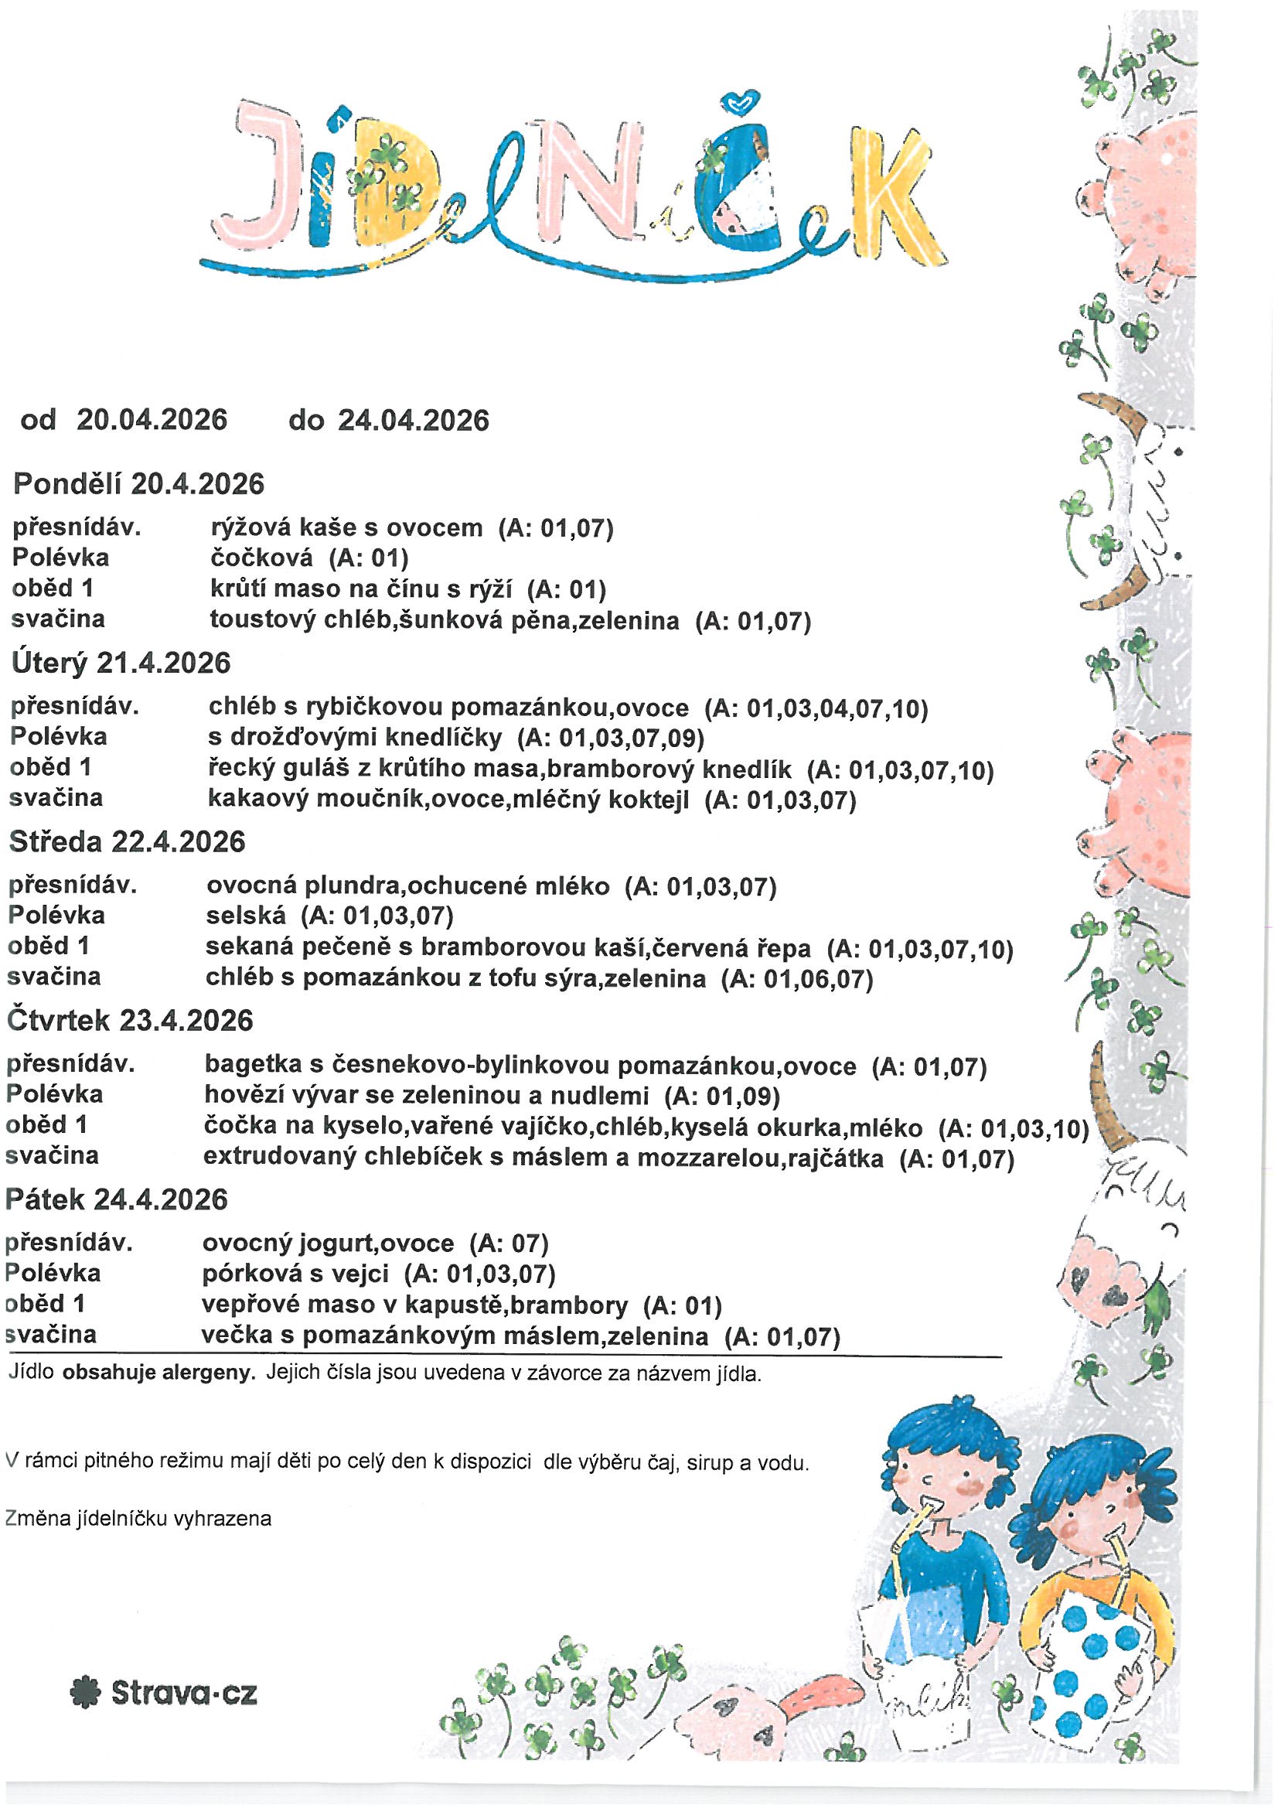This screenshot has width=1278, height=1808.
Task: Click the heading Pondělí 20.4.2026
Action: tap(138, 483)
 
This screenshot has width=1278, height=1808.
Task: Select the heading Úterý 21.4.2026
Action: tap(121, 663)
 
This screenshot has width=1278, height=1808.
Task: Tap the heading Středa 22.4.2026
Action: tap(127, 842)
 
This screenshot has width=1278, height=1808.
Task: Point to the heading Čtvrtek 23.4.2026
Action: tap(130, 1022)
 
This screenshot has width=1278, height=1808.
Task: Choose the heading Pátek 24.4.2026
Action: tap(117, 1199)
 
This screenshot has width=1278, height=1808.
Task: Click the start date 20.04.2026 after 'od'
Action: tap(152, 420)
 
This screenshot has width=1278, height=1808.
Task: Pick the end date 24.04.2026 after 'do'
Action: tap(414, 421)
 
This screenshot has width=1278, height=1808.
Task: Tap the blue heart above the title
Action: tap(741, 101)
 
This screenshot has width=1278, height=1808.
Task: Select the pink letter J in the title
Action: tap(248, 177)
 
